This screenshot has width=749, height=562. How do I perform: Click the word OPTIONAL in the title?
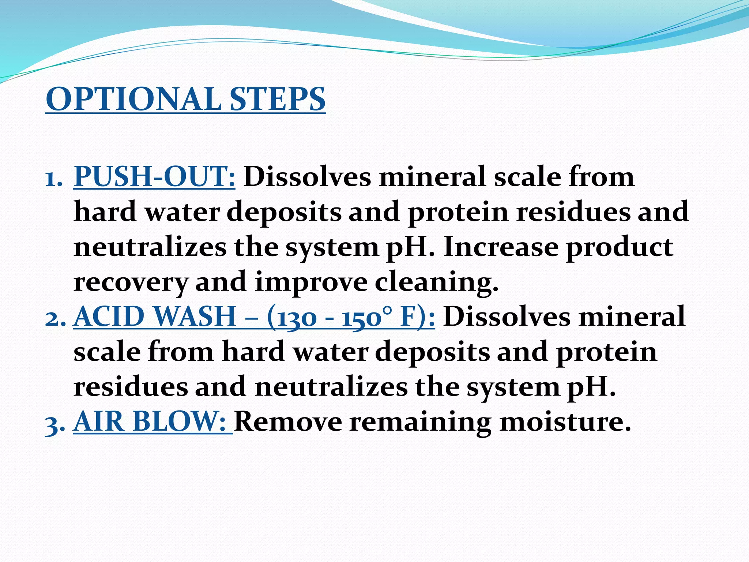point(133,100)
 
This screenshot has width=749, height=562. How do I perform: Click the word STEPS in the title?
point(278,100)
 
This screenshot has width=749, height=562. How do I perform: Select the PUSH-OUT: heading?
point(154,177)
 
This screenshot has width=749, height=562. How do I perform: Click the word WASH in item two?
point(195,317)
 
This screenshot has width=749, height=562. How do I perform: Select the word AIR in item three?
point(99,422)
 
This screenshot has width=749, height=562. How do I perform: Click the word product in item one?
point(620,247)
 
